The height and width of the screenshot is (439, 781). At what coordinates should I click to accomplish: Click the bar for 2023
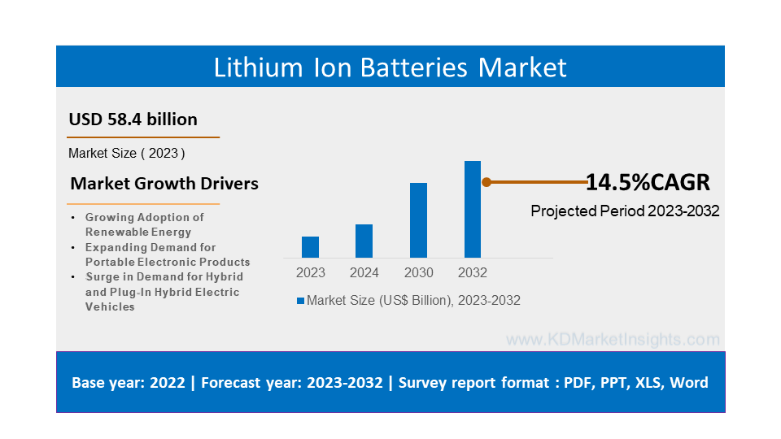pos(310,247)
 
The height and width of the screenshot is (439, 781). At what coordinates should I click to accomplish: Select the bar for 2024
pos(364,241)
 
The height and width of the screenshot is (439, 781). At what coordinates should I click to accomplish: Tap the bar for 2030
pos(418,220)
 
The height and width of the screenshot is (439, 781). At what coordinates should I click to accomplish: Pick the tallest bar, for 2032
pos(473,210)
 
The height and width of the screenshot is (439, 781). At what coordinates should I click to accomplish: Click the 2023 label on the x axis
pos(310,272)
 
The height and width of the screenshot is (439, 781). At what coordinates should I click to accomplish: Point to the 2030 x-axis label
pos(418,272)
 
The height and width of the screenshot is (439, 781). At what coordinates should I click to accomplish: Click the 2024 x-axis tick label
pos(364,272)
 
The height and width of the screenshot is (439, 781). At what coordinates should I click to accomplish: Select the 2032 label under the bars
pos(473,272)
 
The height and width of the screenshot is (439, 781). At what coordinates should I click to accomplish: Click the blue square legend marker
pos(300,301)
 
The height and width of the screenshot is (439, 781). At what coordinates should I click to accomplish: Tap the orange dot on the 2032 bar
pos(486,182)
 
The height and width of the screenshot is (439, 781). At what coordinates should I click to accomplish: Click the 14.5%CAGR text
pos(648,182)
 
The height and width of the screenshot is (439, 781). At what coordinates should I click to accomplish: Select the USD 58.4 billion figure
pos(133,120)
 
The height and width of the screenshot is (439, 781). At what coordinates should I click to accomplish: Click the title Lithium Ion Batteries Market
pos(390,67)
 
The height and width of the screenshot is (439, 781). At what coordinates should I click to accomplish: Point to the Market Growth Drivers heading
pos(164,184)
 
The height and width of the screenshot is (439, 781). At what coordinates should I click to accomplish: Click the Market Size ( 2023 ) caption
pos(127,153)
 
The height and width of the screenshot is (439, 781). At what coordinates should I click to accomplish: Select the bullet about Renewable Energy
pos(144,224)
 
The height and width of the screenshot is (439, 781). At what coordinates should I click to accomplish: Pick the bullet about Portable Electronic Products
pos(167,254)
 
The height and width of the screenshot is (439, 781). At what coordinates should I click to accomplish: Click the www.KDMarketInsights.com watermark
pos(613,339)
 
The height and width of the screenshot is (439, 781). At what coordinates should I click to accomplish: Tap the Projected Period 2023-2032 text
pos(625,211)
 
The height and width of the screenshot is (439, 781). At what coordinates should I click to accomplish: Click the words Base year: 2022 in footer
pos(129,382)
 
